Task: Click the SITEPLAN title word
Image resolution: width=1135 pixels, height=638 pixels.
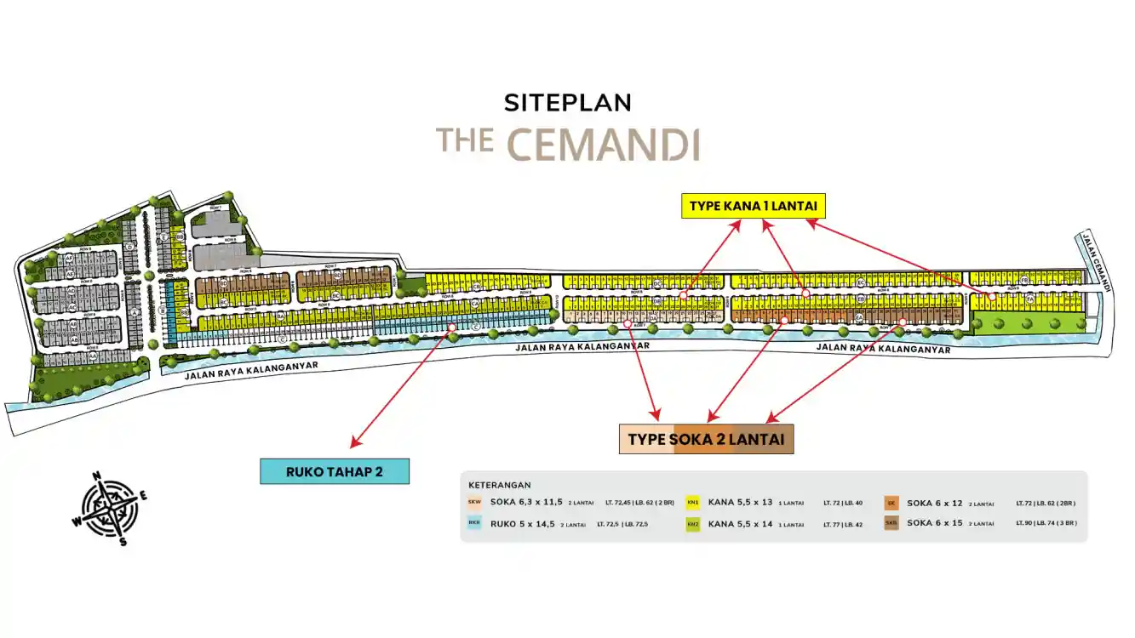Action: tap(567, 103)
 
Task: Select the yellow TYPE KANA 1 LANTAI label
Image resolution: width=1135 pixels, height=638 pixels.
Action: tap(754, 206)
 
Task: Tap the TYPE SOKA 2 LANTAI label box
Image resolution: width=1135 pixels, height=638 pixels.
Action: tap(706, 439)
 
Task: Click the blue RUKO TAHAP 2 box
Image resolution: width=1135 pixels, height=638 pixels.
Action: tap(334, 471)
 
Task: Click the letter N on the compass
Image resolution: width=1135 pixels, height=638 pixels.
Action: tap(97, 476)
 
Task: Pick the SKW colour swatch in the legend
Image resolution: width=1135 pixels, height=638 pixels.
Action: tap(474, 503)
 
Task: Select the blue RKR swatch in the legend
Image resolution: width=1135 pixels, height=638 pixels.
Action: tap(474, 523)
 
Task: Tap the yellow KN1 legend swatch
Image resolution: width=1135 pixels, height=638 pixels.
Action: tap(693, 503)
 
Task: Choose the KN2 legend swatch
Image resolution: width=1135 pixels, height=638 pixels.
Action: tap(693, 523)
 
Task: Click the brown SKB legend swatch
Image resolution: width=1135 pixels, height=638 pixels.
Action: tap(891, 523)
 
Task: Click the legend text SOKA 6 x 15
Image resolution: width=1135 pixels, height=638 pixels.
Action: tap(935, 523)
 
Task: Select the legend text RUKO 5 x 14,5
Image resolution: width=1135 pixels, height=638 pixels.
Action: tap(522, 524)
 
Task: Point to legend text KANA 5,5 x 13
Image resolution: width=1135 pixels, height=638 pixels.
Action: tap(740, 503)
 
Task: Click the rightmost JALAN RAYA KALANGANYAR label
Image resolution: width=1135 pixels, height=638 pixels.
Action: tap(883, 347)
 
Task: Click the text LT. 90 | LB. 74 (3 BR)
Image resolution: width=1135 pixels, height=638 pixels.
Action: tap(1046, 523)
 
